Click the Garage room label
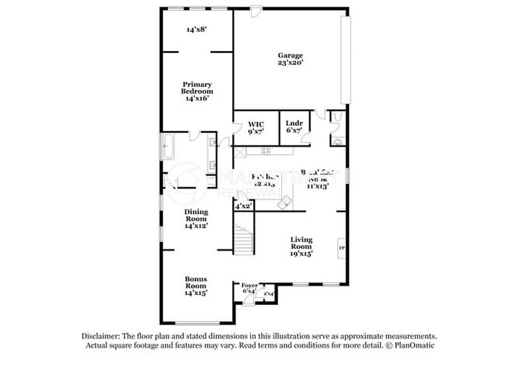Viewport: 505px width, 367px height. (x=291, y=55)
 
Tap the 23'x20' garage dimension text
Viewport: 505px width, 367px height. (x=291, y=64)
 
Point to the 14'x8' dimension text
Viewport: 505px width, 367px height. (x=196, y=29)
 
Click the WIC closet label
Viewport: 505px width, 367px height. (x=256, y=124)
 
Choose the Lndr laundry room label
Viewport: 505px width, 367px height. (x=293, y=123)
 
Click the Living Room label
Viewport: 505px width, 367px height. (x=301, y=243)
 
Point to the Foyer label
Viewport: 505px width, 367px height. (x=249, y=286)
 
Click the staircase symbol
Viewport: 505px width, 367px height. (x=244, y=237)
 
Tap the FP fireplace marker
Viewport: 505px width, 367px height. (x=340, y=248)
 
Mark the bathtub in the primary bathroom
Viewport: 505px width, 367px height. (x=168, y=147)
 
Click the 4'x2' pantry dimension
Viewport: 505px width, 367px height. (x=243, y=206)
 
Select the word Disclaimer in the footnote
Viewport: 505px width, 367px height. (x=106, y=334)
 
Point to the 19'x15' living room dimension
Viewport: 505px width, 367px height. (x=301, y=253)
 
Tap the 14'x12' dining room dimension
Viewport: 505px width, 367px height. (x=196, y=225)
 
